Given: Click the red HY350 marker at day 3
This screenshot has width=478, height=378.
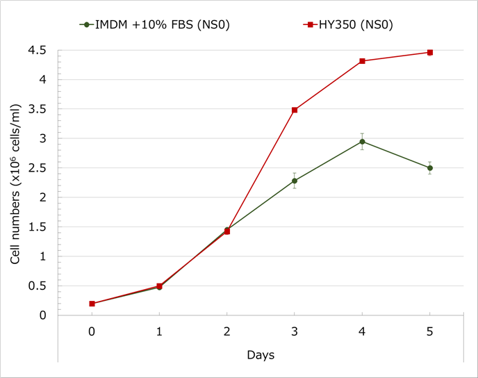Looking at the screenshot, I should pyautogui.click(x=295, y=110).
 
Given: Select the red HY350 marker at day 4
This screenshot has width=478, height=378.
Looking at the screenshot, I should pyautogui.click(x=362, y=61).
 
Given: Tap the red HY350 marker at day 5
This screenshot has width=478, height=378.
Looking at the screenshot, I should pyautogui.click(x=430, y=52).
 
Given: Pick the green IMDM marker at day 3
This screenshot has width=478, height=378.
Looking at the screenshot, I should pyautogui.click(x=295, y=181).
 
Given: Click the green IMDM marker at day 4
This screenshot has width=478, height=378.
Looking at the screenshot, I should pyautogui.click(x=362, y=142).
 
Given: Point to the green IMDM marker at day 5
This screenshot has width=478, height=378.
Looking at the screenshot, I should pyautogui.click(x=430, y=168).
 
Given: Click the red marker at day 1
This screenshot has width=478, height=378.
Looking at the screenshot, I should pyautogui.click(x=159, y=286).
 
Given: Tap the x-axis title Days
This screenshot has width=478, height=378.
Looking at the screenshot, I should pyautogui.click(x=261, y=355).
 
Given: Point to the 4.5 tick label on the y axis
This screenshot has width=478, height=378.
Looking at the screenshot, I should pyautogui.click(x=38, y=51).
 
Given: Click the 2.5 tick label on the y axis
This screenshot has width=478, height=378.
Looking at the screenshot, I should pyautogui.click(x=38, y=168).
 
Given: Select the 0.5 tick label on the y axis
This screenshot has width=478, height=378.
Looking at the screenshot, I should pyautogui.click(x=38, y=286).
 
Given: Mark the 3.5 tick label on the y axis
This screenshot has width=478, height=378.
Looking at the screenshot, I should pyautogui.click(x=38, y=109).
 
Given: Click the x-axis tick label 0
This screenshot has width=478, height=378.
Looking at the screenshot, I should pyautogui.click(x=92, y=331).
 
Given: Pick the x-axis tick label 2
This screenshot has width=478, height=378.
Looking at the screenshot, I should pyautogui.click(x=227, y=331).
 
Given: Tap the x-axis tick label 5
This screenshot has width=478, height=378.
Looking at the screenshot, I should pyautogui.click(x=430, y=331).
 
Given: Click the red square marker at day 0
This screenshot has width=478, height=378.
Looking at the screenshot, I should pyautogui.click(x=92, y=304).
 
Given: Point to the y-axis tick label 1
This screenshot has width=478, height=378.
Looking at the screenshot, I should pyautogui.click(x=43, y=256).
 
